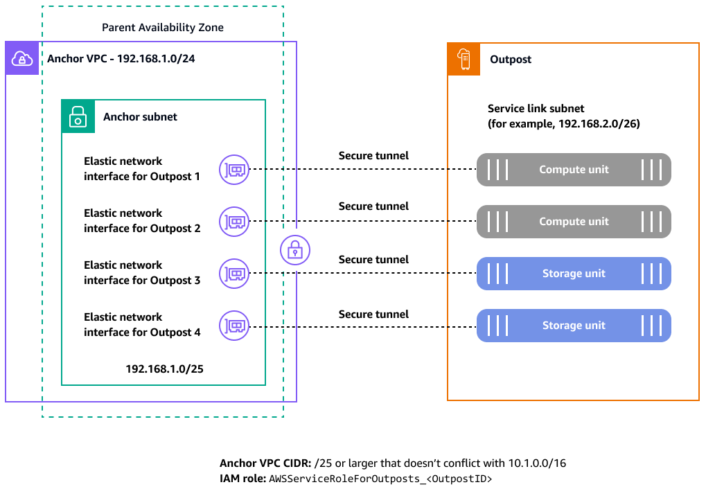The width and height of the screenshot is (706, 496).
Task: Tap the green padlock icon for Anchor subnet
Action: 78,116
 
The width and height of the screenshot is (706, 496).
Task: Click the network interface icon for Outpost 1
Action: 234,169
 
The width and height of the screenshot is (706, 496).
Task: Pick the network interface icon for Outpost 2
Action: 234,221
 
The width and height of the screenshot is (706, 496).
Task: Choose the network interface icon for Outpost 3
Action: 234,273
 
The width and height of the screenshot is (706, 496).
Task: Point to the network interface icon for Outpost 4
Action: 234,325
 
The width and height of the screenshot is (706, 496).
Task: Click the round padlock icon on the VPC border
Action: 295,249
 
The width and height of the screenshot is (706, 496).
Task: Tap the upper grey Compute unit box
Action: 574,170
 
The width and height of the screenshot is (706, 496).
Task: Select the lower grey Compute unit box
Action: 574,222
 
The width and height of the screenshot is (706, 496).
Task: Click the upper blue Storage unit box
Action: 574,274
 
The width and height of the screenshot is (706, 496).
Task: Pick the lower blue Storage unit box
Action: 574,326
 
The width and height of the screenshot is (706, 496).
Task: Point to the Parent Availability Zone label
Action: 163,28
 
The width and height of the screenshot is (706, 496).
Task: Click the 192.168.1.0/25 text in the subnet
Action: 164,369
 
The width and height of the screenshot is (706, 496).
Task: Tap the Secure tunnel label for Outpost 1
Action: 373,156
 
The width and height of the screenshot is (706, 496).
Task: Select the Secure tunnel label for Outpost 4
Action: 373,315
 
